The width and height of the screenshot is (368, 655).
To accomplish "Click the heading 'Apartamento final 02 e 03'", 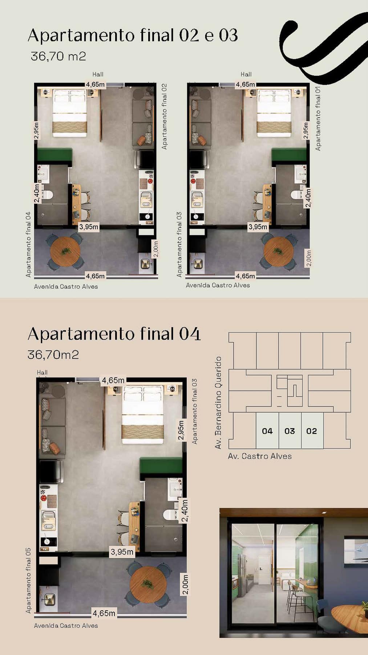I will click(x=133, y=36).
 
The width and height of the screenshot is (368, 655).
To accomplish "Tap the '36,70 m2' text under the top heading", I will click(x=58, y=56).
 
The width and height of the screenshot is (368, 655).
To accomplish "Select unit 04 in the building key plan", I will click(x=267, y=431).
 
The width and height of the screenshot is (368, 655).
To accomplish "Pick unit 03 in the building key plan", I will click(x=290, y=431).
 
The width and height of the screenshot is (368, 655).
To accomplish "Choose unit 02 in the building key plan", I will click(x=312, y=431).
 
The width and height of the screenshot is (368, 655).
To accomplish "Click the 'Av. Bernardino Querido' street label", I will click(x=218, y=402).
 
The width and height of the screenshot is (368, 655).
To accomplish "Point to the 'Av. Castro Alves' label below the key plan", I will click(x=260, y=456).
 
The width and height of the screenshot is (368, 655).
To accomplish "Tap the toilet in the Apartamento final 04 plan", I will click(x=169, y=515).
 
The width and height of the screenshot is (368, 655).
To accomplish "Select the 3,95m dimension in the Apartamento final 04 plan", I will click(x=122, y=552).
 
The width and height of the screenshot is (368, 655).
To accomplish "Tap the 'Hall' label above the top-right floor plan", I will click(x=246, y=74).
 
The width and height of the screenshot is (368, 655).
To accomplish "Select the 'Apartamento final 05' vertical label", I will click(x=28, y=580).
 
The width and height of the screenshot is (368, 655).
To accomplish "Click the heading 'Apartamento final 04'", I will click(x=114, y=334).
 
